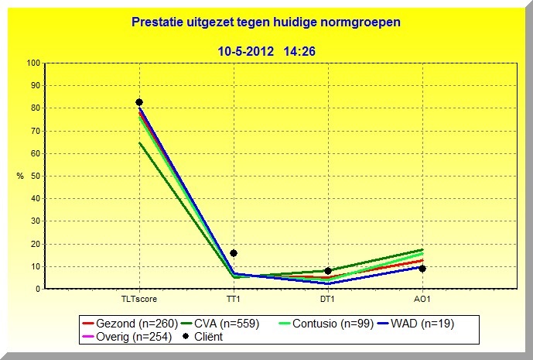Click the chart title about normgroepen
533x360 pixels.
point(266,24)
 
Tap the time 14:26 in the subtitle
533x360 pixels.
point(299,51)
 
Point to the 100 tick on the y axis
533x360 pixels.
point(33,63)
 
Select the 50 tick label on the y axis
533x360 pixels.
point(36,176)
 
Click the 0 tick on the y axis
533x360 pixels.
point(38,289)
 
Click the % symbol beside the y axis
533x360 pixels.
point(20,177)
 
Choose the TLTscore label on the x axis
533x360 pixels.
point(139,300)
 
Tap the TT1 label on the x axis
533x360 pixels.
point(234,300)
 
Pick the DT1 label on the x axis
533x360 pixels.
point(328,300)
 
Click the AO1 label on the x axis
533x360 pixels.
point(422,300)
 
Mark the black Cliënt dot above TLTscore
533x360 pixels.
point(139,102)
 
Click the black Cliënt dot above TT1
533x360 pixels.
point(234,253)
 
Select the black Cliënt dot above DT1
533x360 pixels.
point(328,271)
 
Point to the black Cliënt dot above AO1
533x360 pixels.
point(422,269)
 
